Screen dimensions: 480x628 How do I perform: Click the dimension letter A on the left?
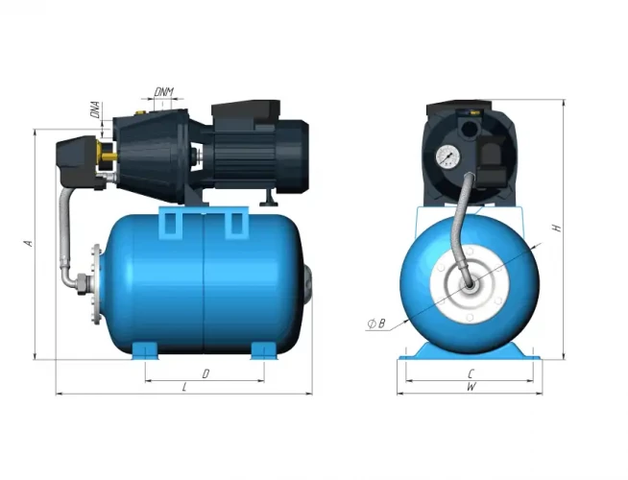click(29, 244)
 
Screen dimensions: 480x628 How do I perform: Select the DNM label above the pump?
click(164, 92)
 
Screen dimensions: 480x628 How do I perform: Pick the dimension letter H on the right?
click(556, 228)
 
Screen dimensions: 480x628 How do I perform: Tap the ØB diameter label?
click(376, 324)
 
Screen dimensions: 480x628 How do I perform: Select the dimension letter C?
click(471, 372)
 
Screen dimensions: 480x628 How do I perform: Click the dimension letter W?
click(471, 387)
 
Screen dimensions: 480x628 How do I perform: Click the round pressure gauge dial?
click(447, 156)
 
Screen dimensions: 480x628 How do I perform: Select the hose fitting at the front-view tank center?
click(469, 285)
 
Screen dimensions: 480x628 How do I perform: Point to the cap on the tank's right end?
click(307, 283)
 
